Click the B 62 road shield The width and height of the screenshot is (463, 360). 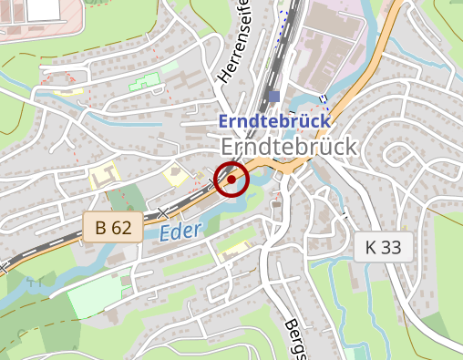click(x=113, y=228)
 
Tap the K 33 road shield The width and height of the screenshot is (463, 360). click(x=384, y=246)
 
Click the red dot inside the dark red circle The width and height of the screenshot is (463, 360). click(x=231, y=180)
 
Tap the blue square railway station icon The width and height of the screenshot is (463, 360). click(x=274, y=97)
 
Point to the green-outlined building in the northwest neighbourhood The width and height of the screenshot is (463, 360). click(x=142, y=83)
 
